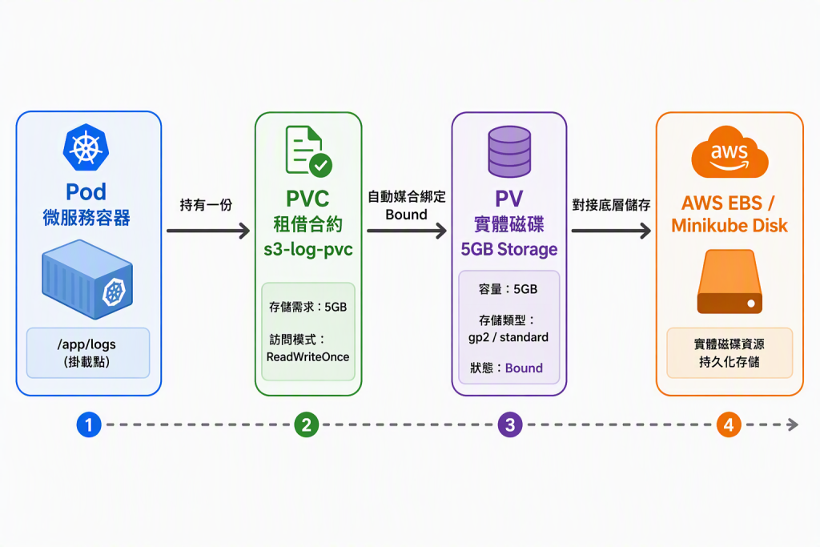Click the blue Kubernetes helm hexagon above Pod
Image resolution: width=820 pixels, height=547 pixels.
tap(86, 147)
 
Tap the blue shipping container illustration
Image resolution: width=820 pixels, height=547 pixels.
tap(87, 280)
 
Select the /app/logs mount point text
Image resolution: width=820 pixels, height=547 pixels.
tap(86, 344)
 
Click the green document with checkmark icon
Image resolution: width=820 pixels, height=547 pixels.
tap(308, 151)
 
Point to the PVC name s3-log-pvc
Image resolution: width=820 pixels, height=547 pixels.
tap(308, 249)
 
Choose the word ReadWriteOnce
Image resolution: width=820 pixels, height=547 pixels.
tap(307, 356)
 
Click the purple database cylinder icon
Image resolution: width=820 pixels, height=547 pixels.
tap(509, 151)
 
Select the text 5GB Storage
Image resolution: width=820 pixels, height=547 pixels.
tap(508, 249)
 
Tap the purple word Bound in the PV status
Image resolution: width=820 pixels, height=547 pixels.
tap(524, 368)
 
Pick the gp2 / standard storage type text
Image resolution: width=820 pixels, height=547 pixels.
tap(508, 337)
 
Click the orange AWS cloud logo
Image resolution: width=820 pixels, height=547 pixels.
tap(730, 152)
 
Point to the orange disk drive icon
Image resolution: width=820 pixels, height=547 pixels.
tap(730, 281)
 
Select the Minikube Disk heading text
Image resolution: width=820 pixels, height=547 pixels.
tap(729, 225)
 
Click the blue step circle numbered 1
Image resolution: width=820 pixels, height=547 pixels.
tap(89, 424)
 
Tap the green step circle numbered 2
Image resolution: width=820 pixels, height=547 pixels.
tap(307, 424)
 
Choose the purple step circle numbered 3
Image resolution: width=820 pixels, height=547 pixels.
tap(510, 424)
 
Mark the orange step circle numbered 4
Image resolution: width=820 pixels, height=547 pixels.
tap(729, 424)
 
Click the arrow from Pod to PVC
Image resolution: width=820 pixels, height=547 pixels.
tap(208, 231)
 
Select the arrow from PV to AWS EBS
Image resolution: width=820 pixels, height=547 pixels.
tap(611, 231)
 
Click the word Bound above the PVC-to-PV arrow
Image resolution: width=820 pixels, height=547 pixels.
tap(406, 215)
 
